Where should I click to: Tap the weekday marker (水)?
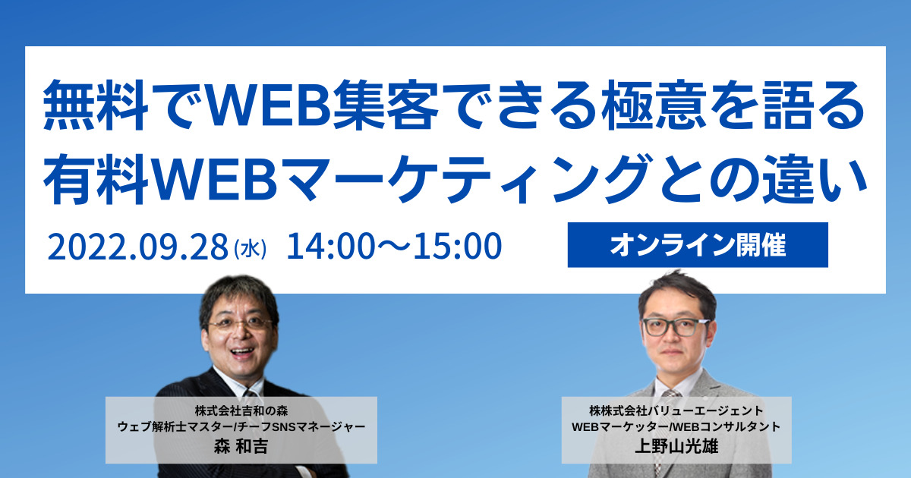[x=249, y=247]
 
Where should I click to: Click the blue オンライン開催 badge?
[x=697, y=245]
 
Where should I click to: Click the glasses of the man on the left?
[x=239, y=322]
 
